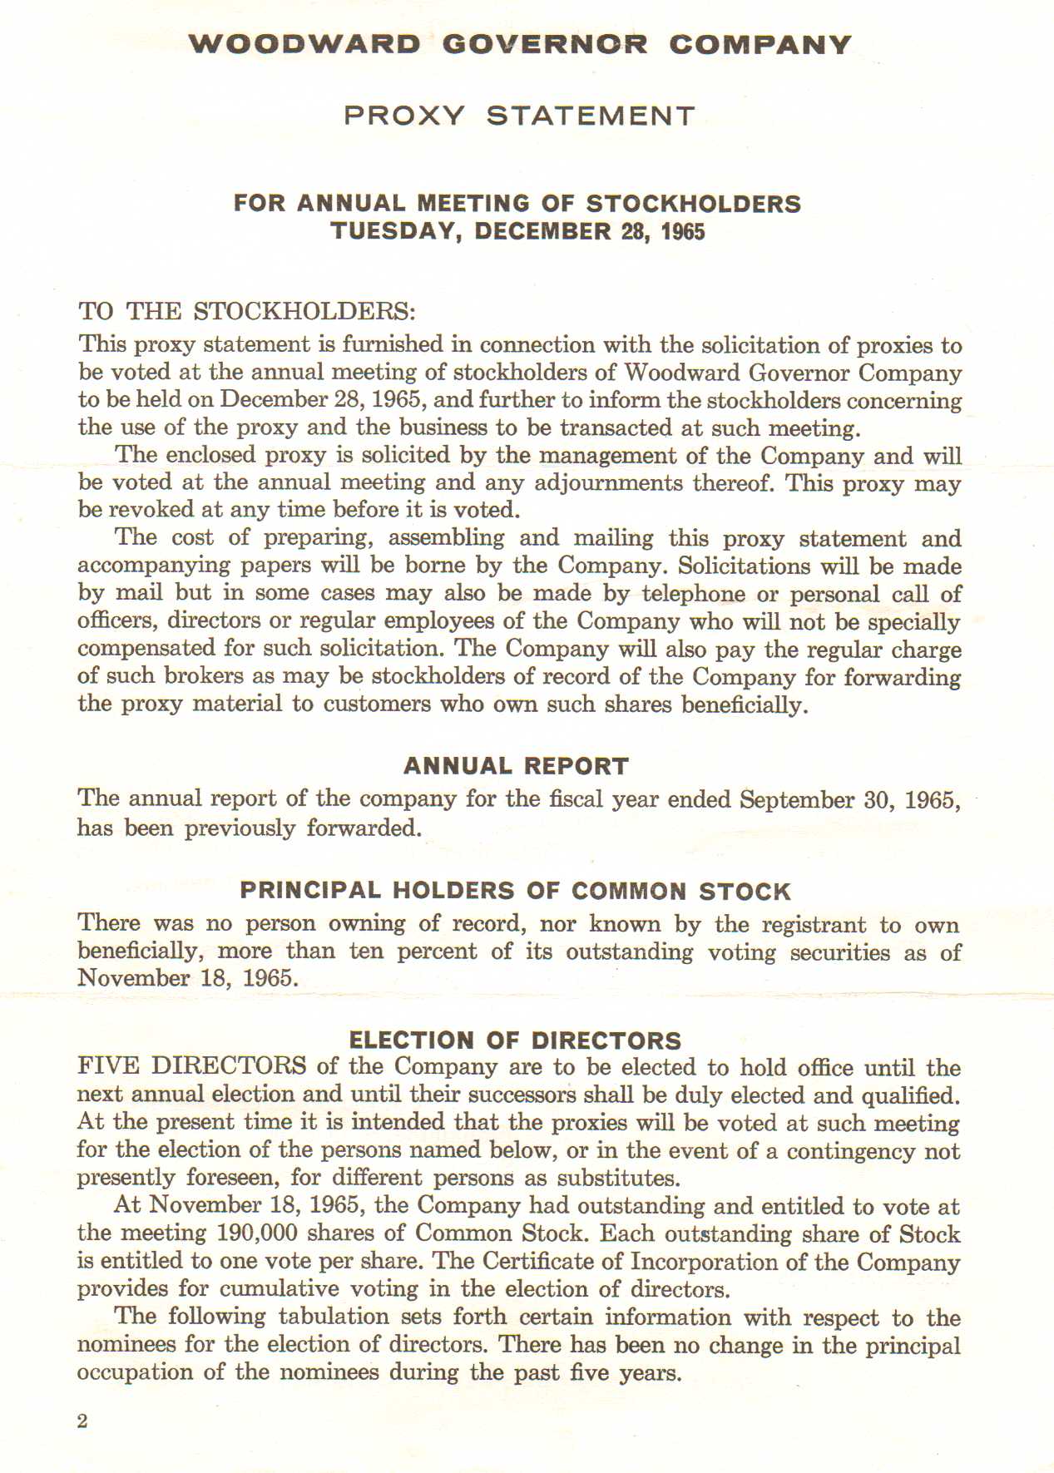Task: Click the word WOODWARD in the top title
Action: pos(304,44)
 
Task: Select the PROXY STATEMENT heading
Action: pos(519,116)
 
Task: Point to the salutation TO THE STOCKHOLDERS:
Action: pos(246,311)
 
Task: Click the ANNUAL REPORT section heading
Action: pos(516,766)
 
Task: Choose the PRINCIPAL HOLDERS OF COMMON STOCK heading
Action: pos(515,891)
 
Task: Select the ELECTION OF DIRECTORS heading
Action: pos(515,1040)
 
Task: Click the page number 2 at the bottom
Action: pos(82,1421)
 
